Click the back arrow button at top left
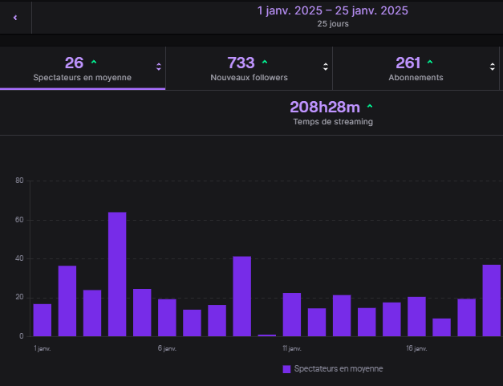15,17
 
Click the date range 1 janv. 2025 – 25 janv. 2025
332,10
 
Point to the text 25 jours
332,24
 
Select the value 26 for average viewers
74,63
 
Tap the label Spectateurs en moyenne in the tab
83,78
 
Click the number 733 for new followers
241,63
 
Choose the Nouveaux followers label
249,78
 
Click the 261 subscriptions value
408,63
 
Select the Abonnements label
416,78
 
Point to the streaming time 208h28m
325,107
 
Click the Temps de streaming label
332,122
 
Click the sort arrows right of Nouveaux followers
325,67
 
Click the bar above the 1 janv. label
43,320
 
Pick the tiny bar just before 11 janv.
267,335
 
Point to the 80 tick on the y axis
19,181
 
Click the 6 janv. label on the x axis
167,348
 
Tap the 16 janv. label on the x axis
416,348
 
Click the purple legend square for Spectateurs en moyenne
286,369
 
